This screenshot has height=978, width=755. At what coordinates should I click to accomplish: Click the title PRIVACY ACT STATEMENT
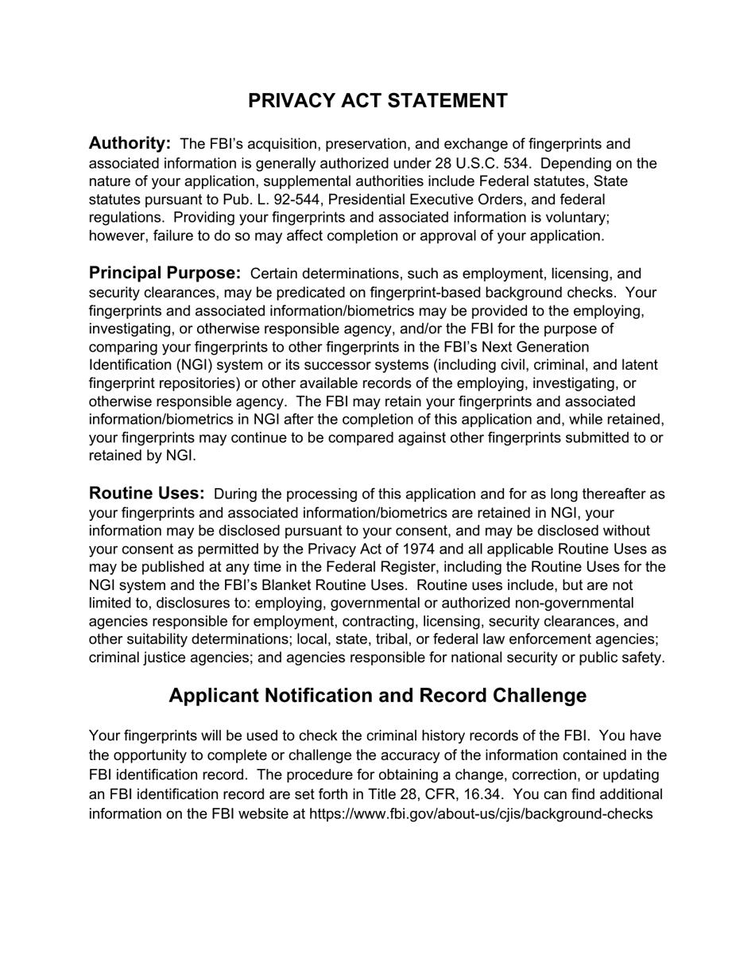pyautogui.click(x=377, y=101)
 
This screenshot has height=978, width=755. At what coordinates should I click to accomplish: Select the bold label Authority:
pyautogui.click(x=130, y=143)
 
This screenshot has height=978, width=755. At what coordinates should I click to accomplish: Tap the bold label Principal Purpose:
pyautogui.click(x=165, y=273)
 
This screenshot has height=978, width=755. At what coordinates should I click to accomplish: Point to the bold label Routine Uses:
pyautogui.click(x=146, y=494)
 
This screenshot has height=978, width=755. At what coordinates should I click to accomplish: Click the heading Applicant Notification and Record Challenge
pyautogui.click(x=377, y=696)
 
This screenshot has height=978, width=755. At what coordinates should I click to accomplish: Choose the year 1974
pyautogui.click(x=437, y=549)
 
